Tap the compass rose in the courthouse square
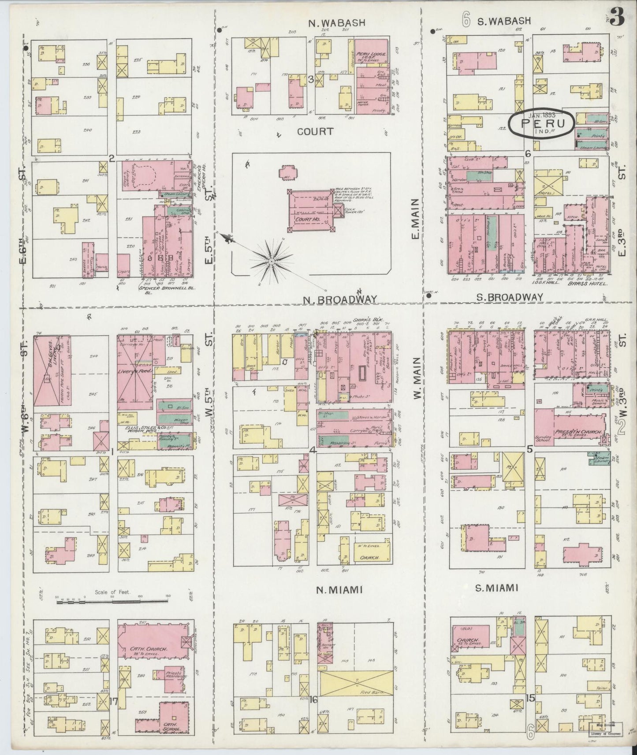(x=271, y=262)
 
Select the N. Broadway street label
(x=339, y=300)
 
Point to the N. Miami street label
(x=340, y=590)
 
